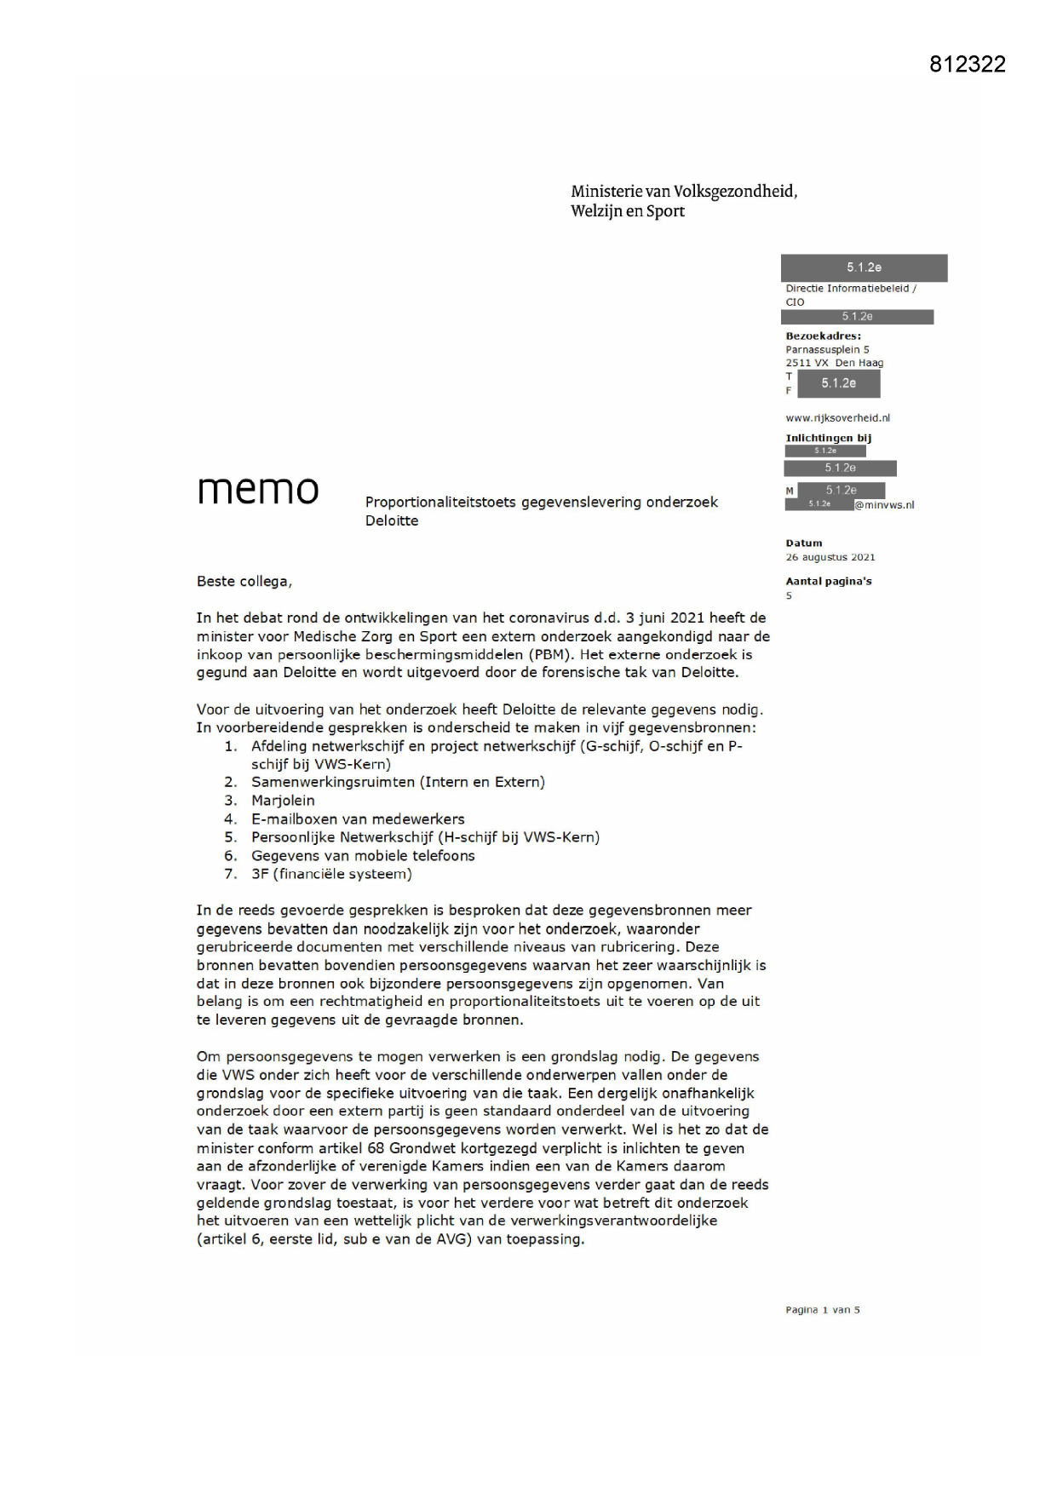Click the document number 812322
(967, 65)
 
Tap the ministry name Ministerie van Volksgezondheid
(684, 191)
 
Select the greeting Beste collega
(244, 582)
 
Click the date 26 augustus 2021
(830, 557)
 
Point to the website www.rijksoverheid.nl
(837, 418)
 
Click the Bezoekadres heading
(823, 336)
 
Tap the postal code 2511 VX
(807, 363)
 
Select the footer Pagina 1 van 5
(822, 1310)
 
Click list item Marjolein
(283, 801)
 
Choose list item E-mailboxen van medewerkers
(358, 819)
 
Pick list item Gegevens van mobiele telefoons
(363, 856)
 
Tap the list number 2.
(230, 782)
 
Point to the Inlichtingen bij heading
(828, 438)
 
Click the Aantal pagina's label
(828, 581)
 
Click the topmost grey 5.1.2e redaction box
(864, 267)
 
